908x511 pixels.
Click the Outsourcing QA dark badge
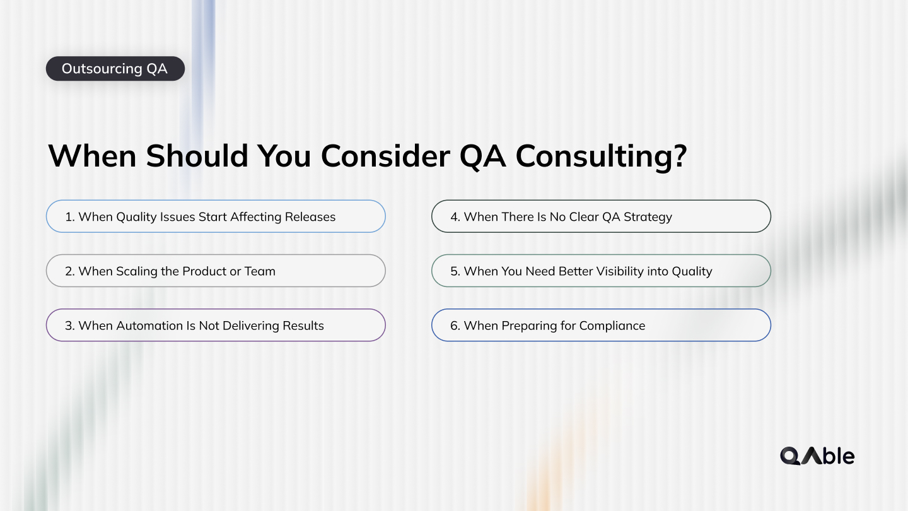[x=115, y=69]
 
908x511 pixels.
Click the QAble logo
[x=817, y=455]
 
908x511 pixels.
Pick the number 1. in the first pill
[x=70, y=217]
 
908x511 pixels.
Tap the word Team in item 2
[x=260, y=272]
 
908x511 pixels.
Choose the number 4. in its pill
[x=455, y=217]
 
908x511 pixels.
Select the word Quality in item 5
[x=692, y=272]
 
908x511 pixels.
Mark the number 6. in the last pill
[x=455, y=326]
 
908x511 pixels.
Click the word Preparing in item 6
[x=527, y=326]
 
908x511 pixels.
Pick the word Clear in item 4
[x=583, y=217]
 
